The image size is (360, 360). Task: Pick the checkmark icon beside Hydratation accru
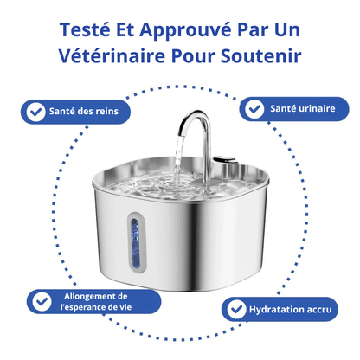pyautogui.click(x=235, y=309)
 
